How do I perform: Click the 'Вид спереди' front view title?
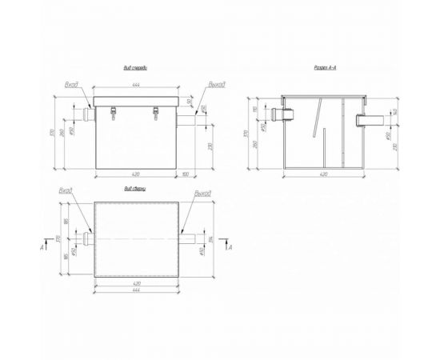(x=136, y=69)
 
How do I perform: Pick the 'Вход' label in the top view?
(x=66, y=192)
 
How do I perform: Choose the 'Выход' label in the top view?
(x=202, y=193)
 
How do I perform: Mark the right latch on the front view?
(x=157, y=114)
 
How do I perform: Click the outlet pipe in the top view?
(x=190, y=238)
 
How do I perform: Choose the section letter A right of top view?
(x=230, y=248)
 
